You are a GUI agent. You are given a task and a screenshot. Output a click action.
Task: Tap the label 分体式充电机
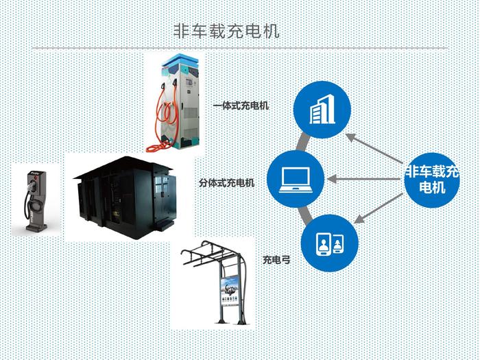click(x=227, y=183)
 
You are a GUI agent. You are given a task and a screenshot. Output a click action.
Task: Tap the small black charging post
click(x=33, y=199)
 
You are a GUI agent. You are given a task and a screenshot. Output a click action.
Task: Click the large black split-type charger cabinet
click(x=128, y=195)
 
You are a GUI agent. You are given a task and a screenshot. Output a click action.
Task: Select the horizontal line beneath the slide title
click(x=240, y=48)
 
